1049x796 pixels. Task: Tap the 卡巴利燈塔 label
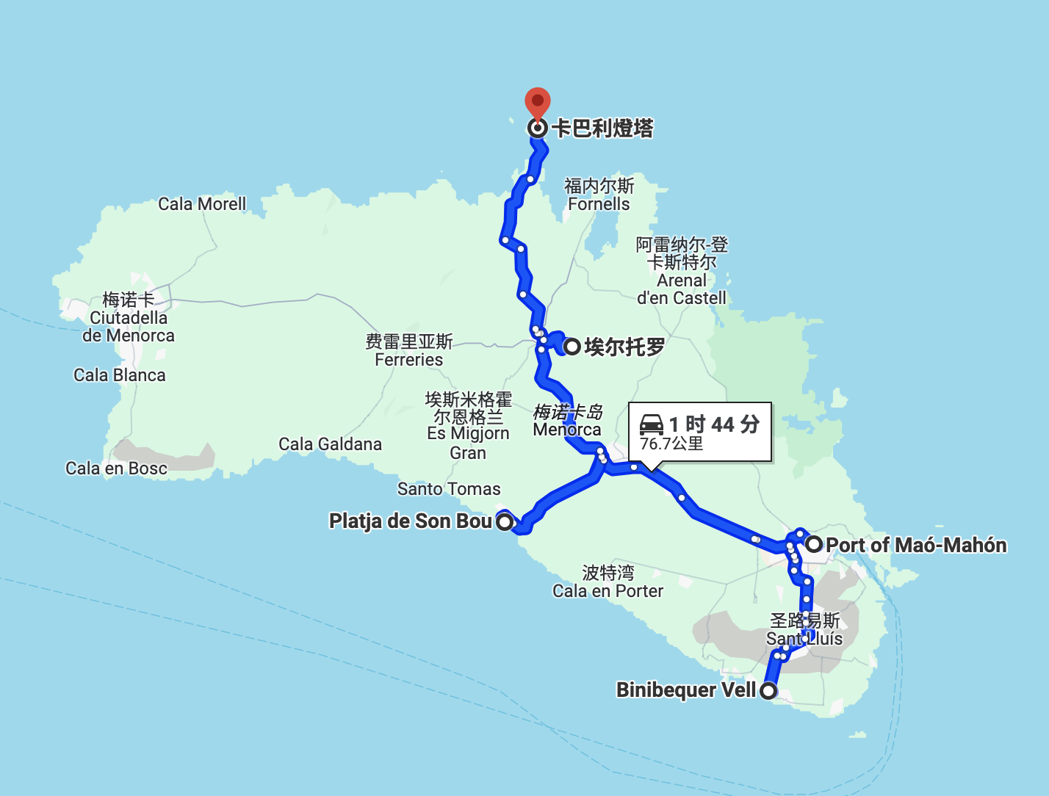coord(602,129)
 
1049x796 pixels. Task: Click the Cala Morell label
coord(202,204)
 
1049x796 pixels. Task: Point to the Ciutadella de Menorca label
coord(129,318)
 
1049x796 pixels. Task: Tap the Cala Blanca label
coord(120,375)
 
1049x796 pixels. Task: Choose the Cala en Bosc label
coord(116,468)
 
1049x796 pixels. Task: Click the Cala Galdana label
coord(330,444)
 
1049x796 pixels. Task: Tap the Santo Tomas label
coord(449,489)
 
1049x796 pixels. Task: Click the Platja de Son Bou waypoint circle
coord(505,522)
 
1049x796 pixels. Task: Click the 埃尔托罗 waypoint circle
coord(572,347)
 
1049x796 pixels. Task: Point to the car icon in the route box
coord(652,424)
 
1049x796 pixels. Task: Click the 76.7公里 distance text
coord(671,444)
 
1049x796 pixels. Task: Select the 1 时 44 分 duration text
coord(714,424)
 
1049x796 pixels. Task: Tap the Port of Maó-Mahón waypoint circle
coord(814,545)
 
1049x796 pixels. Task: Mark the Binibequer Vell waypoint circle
coord(768,690)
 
